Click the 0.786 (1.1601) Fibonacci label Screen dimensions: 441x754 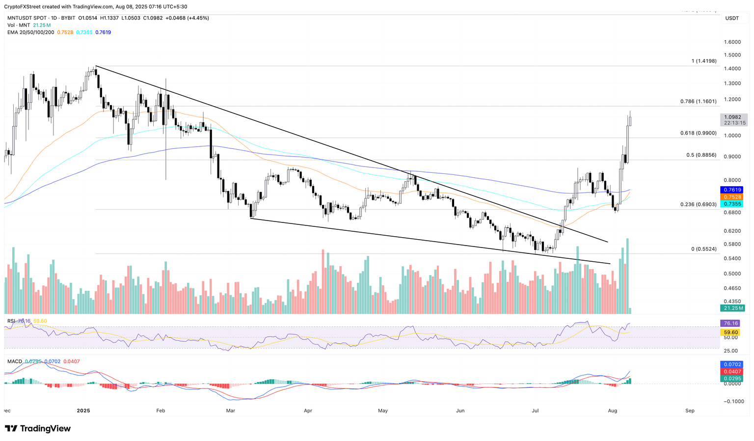point(698,102)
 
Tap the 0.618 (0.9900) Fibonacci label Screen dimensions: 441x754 point(698,133)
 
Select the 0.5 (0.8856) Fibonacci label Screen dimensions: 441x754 point(701,155)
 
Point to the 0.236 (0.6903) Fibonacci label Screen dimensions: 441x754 point(698,204)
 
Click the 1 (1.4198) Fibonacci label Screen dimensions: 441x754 point(704,61)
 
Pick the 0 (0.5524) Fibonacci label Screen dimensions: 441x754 point(704,249)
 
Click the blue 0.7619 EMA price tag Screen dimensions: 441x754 point(731,190)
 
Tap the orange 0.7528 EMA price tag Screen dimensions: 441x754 point(731,197)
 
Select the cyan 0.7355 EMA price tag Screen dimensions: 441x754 point(731,204)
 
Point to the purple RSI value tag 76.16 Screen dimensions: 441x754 point(731,323)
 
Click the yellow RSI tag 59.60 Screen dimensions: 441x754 point(731,332)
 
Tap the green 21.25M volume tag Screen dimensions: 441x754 point(732,308)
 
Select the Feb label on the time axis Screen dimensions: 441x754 point(160,411)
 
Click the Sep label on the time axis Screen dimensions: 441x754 point(690,411)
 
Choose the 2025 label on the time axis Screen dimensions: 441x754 point(84,411)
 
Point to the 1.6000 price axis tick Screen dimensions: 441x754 point(731,42)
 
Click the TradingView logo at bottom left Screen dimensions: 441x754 point(38,428)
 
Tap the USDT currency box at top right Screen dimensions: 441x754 point(732,18)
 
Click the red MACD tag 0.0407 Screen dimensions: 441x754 point(731,372)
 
